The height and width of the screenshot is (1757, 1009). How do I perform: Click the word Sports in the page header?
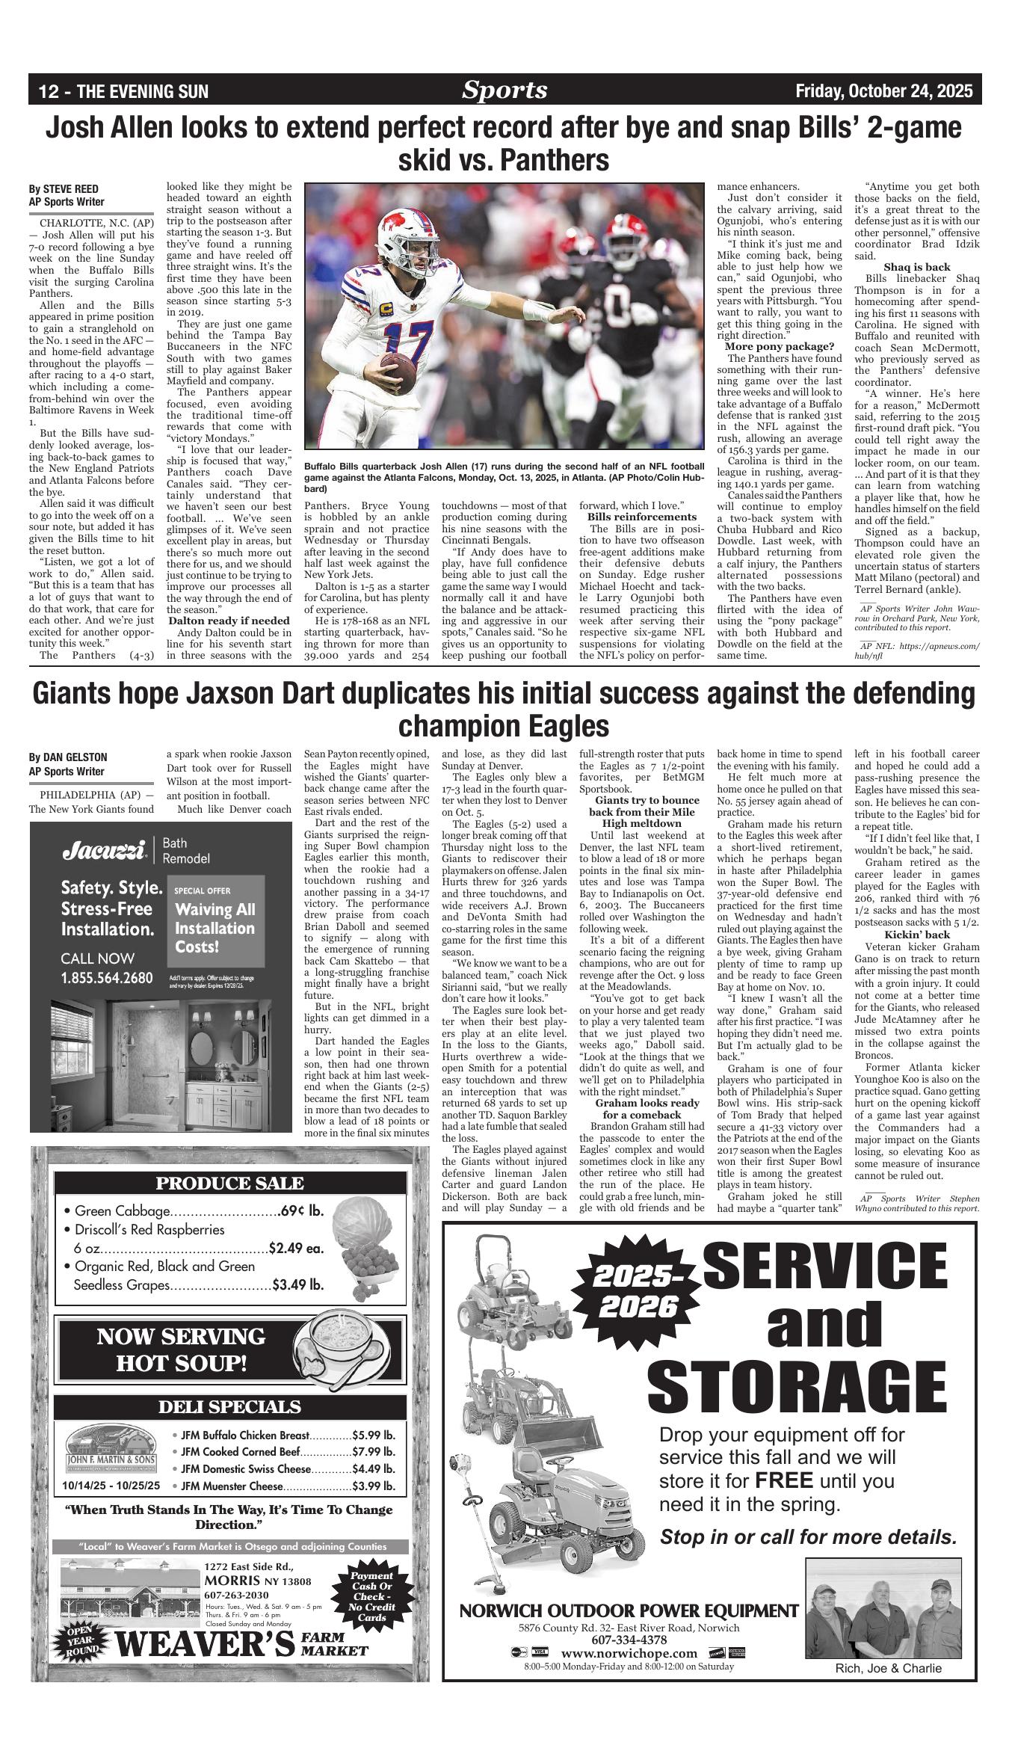click(504, 90)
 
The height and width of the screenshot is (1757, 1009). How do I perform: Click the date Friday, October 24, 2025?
click(884, 91)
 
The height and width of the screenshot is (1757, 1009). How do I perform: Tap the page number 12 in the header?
click(49, 92)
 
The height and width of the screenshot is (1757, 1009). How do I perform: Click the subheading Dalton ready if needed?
click(228, 621)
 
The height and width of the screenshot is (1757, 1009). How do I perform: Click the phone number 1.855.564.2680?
click(107, 978)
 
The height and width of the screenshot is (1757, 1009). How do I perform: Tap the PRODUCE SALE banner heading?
click(229, 1184)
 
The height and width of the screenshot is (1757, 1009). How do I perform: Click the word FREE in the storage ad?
click(784, 1480)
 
